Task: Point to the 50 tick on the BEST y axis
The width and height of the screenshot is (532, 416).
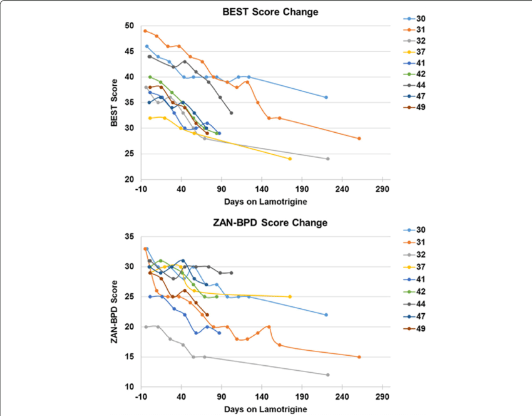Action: click(x=130, y=26)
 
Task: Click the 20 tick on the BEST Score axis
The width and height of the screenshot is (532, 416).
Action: click(x=130, y=180)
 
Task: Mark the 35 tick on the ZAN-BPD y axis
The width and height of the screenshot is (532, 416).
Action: click(x=130, y=237)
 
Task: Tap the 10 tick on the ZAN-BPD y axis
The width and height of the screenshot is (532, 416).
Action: click(x=130, y=387)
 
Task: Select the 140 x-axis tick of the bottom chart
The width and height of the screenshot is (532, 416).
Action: click(x=262, y=397)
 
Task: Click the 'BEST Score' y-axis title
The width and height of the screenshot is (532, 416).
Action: click(x=115, y=103)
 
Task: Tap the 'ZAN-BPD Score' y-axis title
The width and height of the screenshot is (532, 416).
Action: click(x=115, y=311)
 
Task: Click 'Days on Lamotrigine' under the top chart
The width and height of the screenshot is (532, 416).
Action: click(x=265, y=202)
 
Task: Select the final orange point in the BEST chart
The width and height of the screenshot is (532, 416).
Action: click(x=359, y=138)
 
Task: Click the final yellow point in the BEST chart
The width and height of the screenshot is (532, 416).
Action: click(x=290, y=159)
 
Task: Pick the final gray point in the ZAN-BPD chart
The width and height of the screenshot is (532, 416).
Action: click(x=327, y=375)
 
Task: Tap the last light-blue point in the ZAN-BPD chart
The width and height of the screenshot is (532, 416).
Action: click(x=326, y=315)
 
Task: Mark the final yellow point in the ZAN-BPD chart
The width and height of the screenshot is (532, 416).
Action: click(x=290, y=296)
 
